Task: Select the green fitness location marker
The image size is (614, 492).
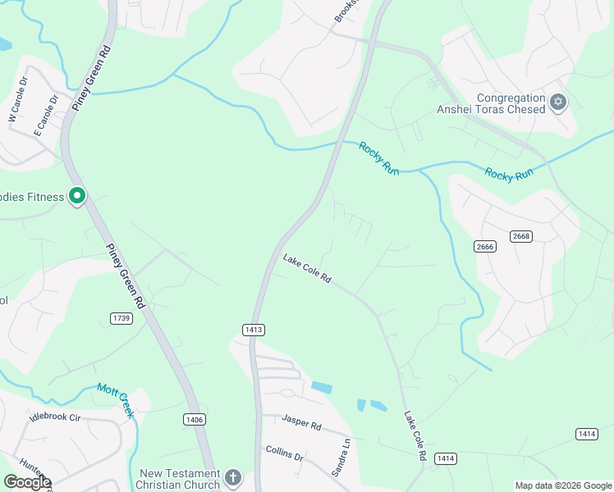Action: pyautogui.click(x=77, y=196)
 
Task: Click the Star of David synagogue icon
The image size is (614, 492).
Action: pyautogui.click(x=558, y=102)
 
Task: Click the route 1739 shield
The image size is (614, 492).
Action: pyautogui.click(x=121, y=318)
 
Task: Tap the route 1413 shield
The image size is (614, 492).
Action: pyautogui.click(x=253, y=330)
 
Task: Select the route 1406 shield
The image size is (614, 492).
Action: pyautogui.click(x=194, y=420)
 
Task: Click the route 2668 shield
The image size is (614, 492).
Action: pyautogui.click(x=521, y=237)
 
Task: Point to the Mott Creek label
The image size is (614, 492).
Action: pyautogui.click(x=115, y=400)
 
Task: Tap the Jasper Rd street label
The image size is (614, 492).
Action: pyautogui.click(x=301, y=423)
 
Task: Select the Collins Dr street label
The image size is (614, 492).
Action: pyautogui.click(x=284, y=453)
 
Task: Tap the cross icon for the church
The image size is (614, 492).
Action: pyautogui.click(x=233, y=477)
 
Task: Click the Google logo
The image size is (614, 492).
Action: pyautogui.click(x=27, y=482)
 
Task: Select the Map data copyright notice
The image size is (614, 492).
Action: pyautogui.click(x=562, y=485)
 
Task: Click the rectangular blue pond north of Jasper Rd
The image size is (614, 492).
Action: pyautogui.click(x=322, y=387)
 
